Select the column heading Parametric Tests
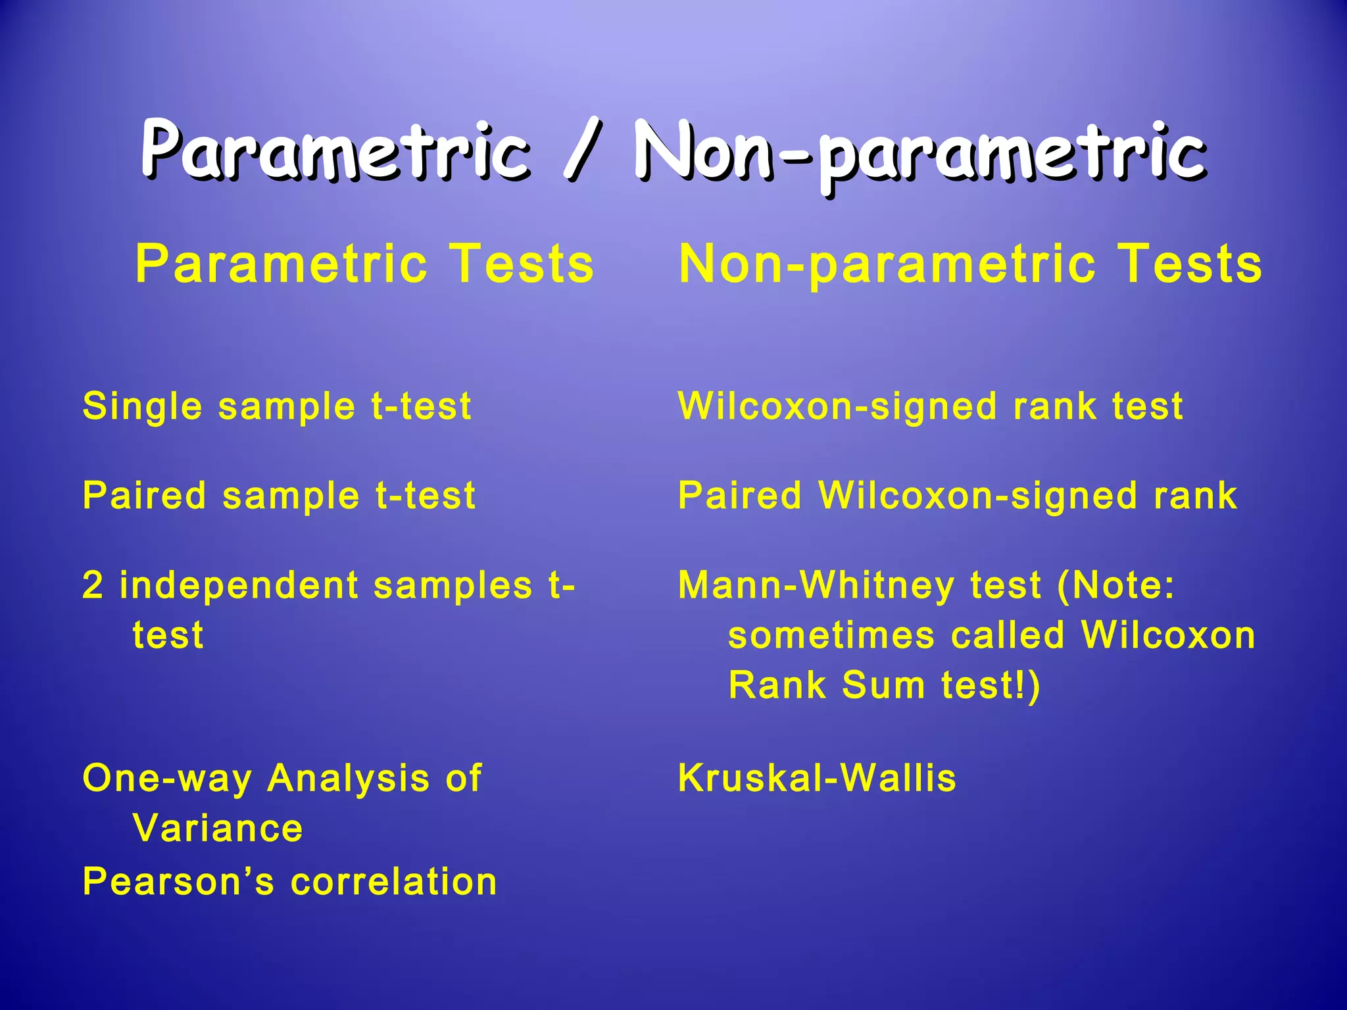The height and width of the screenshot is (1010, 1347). pos(365,264)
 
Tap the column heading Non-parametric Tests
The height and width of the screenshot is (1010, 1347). pos(970,264)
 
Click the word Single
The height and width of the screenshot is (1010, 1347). pos(142,406)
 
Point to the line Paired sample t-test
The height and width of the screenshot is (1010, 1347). pos(279,495)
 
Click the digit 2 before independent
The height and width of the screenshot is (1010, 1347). pos(93,585)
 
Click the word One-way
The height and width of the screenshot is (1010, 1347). pos(167,779)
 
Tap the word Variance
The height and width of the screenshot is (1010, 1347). pos(218,828)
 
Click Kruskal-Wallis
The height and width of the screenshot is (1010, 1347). pos(817,778)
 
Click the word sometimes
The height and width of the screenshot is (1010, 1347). pos(831,635)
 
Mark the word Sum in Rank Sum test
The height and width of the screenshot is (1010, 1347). pos(883,685)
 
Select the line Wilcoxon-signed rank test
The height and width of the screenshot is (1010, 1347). pos(930,406)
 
